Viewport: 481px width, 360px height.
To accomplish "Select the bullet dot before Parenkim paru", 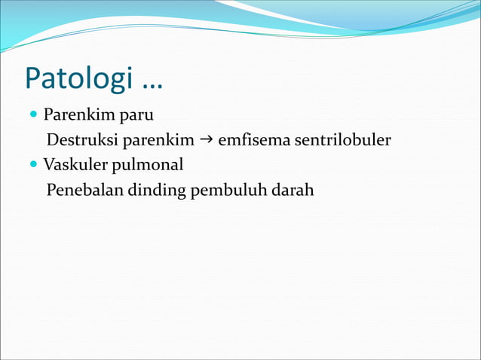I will point(34,116).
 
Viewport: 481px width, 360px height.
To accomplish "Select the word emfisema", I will point(249,140).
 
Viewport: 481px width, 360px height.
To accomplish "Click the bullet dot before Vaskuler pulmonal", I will point(34,164).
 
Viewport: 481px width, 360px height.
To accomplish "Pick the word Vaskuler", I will point(75,164).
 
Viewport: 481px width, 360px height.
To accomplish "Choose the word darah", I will point(290,189).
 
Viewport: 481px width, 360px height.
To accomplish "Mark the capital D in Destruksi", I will point(52,140).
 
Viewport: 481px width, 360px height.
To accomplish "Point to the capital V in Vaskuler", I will point(48,164).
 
